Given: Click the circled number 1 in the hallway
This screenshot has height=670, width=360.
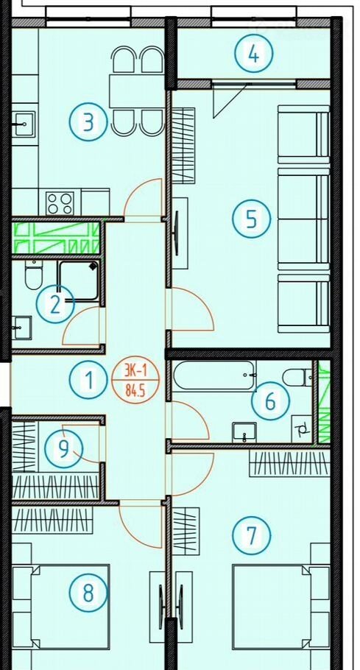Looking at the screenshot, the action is tap(88, 380).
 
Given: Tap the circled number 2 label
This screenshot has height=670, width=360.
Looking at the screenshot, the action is tap(55, 304).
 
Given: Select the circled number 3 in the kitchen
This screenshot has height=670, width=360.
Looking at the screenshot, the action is tap(88, 122).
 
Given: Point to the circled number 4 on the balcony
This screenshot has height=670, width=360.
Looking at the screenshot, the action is tap(254, 54).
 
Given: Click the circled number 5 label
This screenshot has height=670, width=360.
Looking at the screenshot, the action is tap(252, 219).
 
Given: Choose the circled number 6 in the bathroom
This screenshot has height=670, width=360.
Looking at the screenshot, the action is tap(270, 401).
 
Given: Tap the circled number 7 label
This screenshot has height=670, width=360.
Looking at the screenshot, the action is tap(252, 535).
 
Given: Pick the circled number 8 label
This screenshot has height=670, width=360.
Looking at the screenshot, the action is tap(88, 592).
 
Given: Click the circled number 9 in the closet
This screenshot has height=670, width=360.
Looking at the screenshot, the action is tap(63, 449).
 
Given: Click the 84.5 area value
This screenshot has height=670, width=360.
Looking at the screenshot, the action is tap(135, 389).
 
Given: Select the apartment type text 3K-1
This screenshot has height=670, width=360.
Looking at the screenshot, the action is tap(135, 371).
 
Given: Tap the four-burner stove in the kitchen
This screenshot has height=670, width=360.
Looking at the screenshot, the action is tap(60, 203).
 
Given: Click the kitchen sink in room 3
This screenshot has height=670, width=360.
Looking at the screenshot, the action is tap(23, 124).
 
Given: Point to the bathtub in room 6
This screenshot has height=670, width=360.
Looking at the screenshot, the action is tap(215, 375).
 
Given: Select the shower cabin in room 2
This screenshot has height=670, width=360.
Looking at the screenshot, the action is tap(79, 281).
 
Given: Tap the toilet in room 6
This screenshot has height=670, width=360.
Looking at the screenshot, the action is tap(297, 377).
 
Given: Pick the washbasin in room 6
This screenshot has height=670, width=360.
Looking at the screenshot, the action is tap(244, 432).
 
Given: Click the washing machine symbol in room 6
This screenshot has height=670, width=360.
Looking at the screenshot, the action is tap(303, 429).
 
